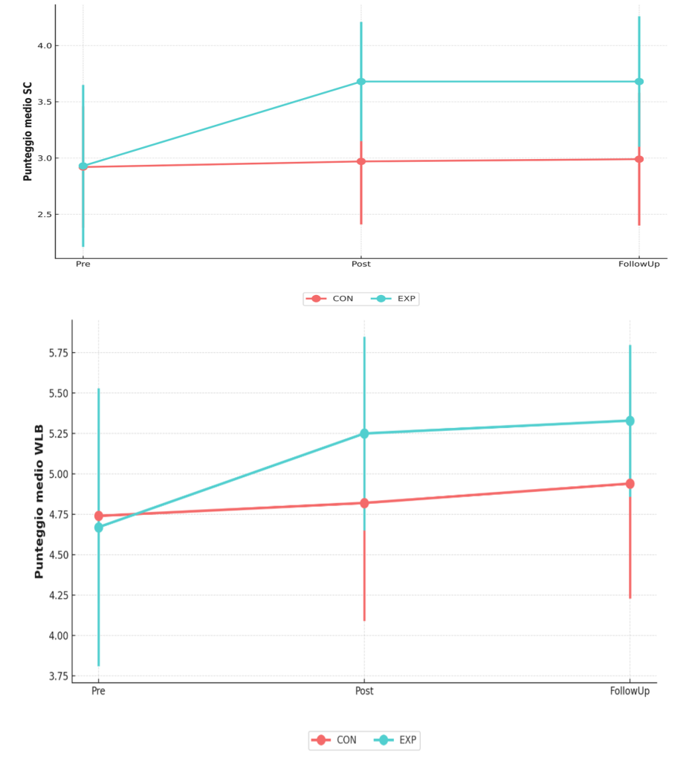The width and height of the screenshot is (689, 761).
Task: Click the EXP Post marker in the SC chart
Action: [x=361, y=82]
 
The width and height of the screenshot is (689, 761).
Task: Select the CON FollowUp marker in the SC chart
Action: [x=639, y=159]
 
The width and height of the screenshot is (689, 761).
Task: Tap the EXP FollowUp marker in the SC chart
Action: [x=639, y=82]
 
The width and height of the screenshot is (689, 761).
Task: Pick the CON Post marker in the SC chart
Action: [x=361, y=161]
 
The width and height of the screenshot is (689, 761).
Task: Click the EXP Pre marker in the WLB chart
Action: [x=99, y=527]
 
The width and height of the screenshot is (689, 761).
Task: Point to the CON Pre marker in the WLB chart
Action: [x=99, y=516]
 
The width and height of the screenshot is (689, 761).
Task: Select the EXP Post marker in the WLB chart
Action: [x=364, y=433]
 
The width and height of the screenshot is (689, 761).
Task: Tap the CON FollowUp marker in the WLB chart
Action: [x=630, y=483]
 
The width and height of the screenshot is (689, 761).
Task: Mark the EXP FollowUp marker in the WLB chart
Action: [x=630, y=421]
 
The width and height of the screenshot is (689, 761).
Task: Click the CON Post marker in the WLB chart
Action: [x=364, y=503]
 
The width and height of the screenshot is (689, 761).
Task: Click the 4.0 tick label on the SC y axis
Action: [x=44, y=45]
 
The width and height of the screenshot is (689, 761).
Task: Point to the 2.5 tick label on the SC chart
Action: [x=44, y=215]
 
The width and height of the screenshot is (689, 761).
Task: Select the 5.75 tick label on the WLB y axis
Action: [x=58, y=353]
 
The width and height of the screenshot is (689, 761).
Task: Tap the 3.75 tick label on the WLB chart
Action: [x=58, y=676]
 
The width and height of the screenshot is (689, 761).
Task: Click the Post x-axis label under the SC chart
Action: [x=360, y=264]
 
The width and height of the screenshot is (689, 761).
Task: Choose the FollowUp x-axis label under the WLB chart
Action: [x=630, y=690]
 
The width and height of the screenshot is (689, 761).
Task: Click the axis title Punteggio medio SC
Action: [x=28, y=132]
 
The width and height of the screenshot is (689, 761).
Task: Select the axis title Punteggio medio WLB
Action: [x=39, y=502]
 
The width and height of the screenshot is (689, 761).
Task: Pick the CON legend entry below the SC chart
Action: [x=330, y=299]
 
